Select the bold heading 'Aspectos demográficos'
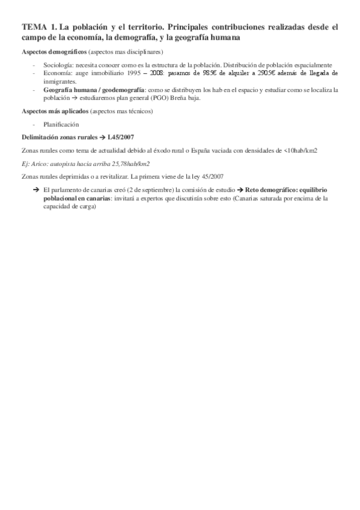[53, 52]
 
